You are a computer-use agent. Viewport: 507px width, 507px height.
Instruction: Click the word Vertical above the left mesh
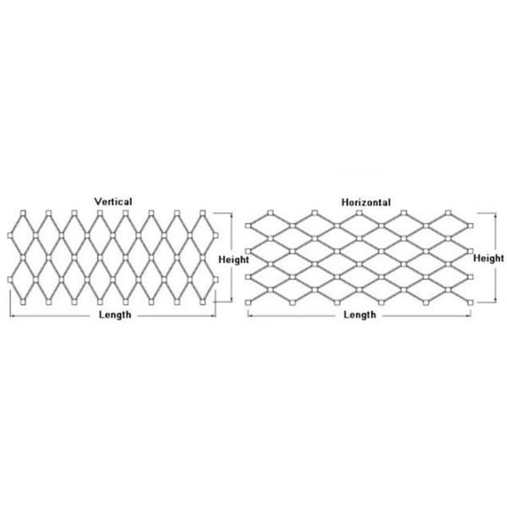coord(113,202)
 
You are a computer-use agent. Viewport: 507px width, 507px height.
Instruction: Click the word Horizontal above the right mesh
coord(366,203)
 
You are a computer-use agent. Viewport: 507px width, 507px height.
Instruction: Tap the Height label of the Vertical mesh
coord(233,259)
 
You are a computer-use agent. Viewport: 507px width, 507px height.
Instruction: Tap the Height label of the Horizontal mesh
coord(488,259)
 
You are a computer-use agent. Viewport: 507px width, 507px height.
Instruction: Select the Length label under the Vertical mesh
coord(115,314)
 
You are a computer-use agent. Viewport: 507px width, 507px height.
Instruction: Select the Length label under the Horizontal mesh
coord(360,314)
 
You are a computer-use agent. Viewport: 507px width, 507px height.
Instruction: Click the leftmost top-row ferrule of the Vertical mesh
coord(23,213)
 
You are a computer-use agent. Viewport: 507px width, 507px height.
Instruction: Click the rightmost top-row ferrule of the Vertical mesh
coord(203,213)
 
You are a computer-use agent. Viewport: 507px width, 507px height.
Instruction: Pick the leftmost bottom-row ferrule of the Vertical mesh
coord(23,303)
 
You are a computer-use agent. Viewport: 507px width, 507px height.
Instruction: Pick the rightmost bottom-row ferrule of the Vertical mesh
coord(203,303)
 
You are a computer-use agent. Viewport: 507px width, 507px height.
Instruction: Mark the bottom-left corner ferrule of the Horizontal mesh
coord(248,303)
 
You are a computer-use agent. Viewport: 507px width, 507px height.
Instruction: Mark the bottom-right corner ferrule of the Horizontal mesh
coord(471,303)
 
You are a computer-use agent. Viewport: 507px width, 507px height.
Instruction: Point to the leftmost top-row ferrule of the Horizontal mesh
coord(270,213)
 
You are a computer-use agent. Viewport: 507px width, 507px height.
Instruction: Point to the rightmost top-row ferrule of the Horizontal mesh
coord(448,213)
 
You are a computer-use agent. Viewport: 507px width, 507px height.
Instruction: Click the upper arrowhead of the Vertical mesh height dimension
coord(232,215)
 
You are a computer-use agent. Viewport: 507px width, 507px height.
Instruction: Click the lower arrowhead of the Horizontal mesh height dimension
coord(496,300)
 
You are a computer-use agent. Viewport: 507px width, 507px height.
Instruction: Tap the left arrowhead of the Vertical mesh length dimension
coord(13,315)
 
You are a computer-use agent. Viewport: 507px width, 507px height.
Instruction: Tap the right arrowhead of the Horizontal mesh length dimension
coord(468,315)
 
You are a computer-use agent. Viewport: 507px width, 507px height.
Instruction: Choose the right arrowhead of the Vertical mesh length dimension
coord(214,315)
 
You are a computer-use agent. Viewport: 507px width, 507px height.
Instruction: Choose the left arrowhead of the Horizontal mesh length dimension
coord(250,315)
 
